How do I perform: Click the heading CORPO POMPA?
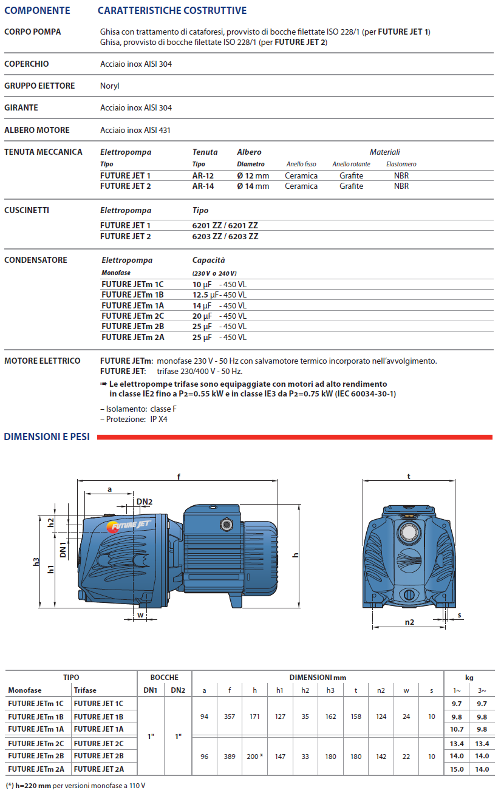32,32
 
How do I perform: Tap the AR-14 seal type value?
203,186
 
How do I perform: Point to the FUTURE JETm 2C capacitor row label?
132,316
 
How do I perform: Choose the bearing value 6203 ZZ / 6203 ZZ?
225,236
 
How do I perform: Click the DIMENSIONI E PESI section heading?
47,437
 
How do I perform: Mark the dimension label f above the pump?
179,477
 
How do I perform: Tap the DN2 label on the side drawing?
145,502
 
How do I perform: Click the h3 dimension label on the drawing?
36,563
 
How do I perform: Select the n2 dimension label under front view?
409,622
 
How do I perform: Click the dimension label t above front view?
409,477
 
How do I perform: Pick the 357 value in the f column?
229,717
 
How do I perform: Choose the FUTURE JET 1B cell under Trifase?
98,717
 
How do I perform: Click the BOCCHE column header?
165,677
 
